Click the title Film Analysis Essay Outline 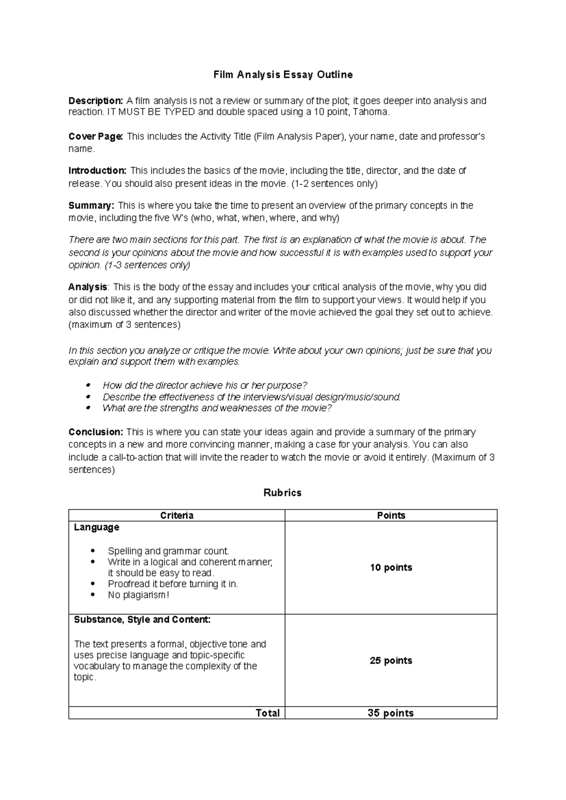(x=283, y=75)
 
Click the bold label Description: (x=96, y=100)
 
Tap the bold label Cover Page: (x=96, y=136)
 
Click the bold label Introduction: (x=97, y=170)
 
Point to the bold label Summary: (x=91, y=205)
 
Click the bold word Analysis (x=88, y=287)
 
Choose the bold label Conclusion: (x=96, y=432)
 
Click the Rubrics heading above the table (x=283, y=492)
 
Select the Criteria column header (x=177, y=515)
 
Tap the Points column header (x=391, y=515)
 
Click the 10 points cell (x=391, y=567)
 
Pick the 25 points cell (x=391, y=660)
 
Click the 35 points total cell (x=391, y=713)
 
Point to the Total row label (x=267, y=713)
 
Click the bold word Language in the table (x=97, y=527)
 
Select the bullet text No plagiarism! (x=138, y=595)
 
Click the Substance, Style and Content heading (x=142, y=619)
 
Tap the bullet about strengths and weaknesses (x=217, y=408)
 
